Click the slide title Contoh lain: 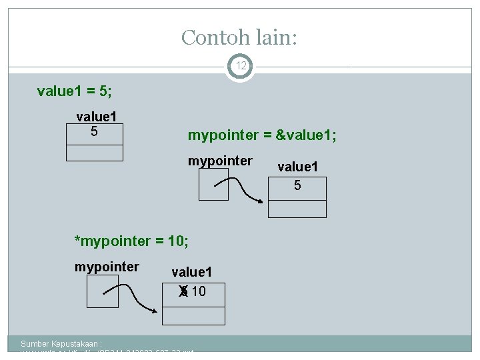pyautogui.click(x=239, y=37)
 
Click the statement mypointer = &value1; pyautogui.click(x=262, y=135)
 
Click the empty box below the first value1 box pyautogui.click(x=94, y=153)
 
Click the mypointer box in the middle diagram pyautogui.click(x=213, y=184)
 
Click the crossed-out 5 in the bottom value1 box pyautogui.click(x=183, y=291)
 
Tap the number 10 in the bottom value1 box pyautogui.click(x=198, y=291)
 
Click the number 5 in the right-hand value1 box pyautogui.click(x=297, y=185)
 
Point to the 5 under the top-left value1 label pyautogui.click(x=94, y=131)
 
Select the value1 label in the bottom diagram pyautogui.click(x=191, y=272)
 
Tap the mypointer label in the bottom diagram pyautogui.click(x=107, y=267)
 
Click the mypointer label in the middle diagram pyautogui.click(x=220, y=161)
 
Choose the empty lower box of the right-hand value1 pyautogui.click(x=297, y=209)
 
